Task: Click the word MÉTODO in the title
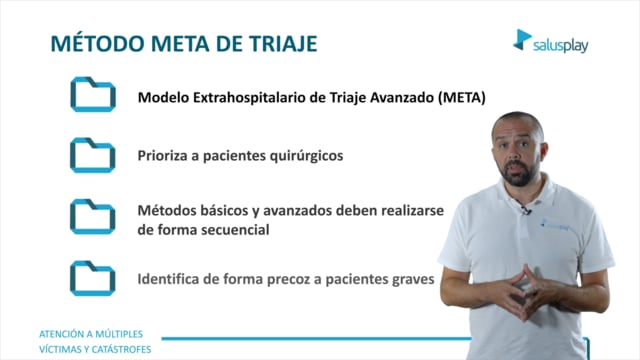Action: click(x=97, y=43)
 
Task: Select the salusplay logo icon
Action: click(x=522, y=40)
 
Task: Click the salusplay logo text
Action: click(x=560, y=46)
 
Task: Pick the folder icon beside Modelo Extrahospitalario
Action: click(x=93, y=94)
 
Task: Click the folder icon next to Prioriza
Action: click(x=93, y=156)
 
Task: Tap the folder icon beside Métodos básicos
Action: click(x=93, y=217)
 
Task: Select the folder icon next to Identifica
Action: click(x=93, y=278)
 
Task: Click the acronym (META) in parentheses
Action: click(x=462, y=98)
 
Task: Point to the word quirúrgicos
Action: click(x=306, y=156)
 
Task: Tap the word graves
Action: click(x=413, y=280)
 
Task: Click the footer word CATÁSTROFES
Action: click(x=121, y=349)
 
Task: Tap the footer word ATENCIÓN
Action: click(x=62, y=334)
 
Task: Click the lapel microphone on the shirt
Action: click(x=525, y=211)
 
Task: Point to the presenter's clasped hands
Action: click(x=518, y=292)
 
